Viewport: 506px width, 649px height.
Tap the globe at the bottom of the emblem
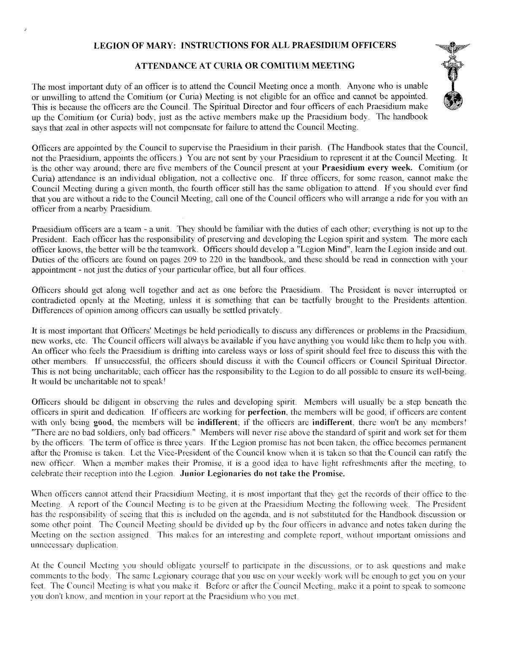pyautogui.click(x=454, y=101)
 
